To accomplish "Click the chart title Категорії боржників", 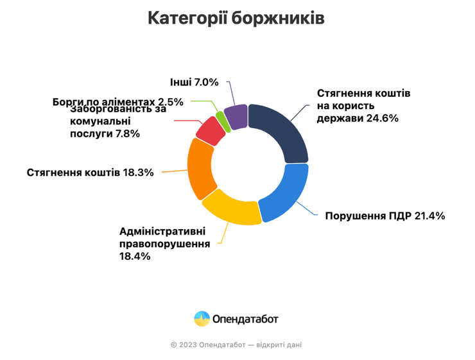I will (236, 18).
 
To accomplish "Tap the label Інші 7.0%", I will (194, 82).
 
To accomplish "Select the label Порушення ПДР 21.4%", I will (384, 216).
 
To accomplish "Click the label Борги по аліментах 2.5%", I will (118, 101).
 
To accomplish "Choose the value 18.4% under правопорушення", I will (135, 256).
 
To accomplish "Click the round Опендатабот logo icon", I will (202, 319).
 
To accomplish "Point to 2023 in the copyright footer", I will (187, 345).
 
